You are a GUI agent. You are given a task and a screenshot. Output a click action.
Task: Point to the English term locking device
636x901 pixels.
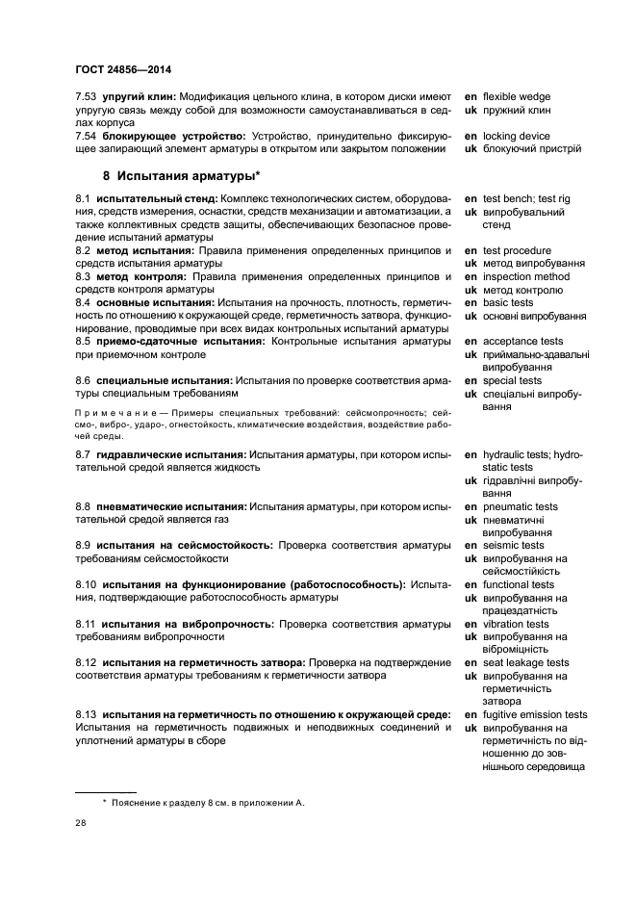pos(516,136)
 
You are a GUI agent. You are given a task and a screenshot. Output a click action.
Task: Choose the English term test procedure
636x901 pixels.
pos(517,250)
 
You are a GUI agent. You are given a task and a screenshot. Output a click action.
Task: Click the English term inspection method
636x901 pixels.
pos(525,277)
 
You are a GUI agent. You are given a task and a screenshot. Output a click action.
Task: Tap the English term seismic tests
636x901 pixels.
pos(513,546)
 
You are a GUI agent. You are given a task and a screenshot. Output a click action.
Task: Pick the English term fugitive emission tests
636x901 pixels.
pos(535,715)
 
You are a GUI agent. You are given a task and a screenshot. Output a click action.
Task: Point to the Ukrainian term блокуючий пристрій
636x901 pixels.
pos(531,149)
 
